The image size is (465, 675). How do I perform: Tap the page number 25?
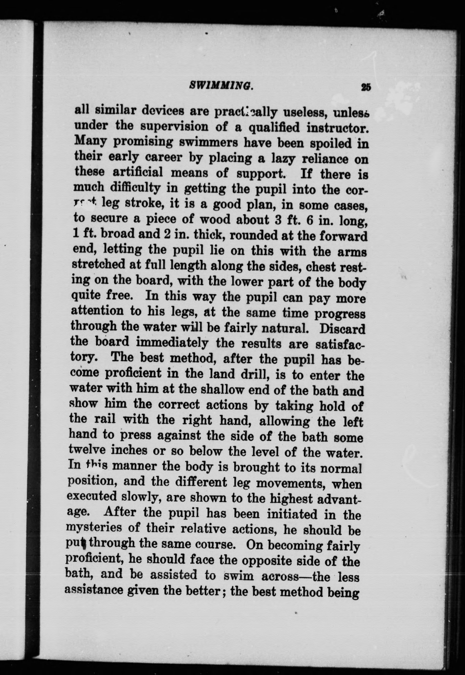point(366,87)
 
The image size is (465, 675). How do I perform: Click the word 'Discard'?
point(342,329)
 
